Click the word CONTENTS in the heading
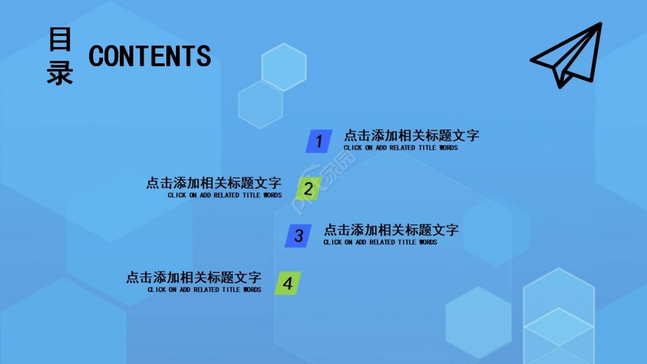point(150,56)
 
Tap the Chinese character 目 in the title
point(60,39)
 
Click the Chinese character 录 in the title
point(60,73)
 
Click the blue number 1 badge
point(318,141)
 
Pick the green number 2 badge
point(308,189)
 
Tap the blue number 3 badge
point(298,236)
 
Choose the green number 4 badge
point(288,283)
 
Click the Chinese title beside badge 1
point(411,136)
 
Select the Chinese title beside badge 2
point(214,183)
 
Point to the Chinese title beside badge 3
point(391,230)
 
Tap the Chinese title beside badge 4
point(194,277)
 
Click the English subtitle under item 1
point(400,148)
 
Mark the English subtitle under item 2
point(225,195)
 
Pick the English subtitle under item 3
point(380,242)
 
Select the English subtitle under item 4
point(205,290)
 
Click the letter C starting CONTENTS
point(96,56)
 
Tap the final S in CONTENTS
point(204,56)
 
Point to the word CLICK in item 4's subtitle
point(157,290)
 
